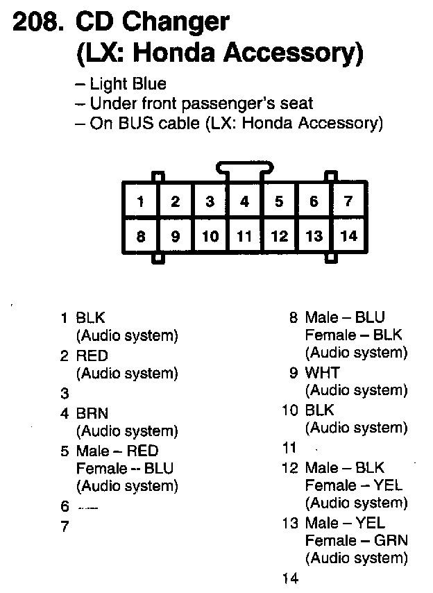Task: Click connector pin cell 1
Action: click(141, 202)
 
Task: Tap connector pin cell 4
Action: click(244, 202)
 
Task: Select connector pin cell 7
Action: click(348, 202)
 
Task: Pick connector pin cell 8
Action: click(141, 236)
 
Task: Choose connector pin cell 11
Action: click(244, 236)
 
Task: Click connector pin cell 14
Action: click(348, 236)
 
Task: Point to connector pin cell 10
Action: click(210, 236)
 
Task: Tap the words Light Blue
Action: click(128, 84)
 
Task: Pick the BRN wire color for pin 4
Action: click(92, 413)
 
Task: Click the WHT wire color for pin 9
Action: click(323, 373)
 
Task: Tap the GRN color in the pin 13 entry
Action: click(390, 540)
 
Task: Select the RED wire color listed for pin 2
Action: click(92, 356)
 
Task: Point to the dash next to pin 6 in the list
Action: click(88, 508)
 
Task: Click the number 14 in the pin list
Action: click(289, 578)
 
